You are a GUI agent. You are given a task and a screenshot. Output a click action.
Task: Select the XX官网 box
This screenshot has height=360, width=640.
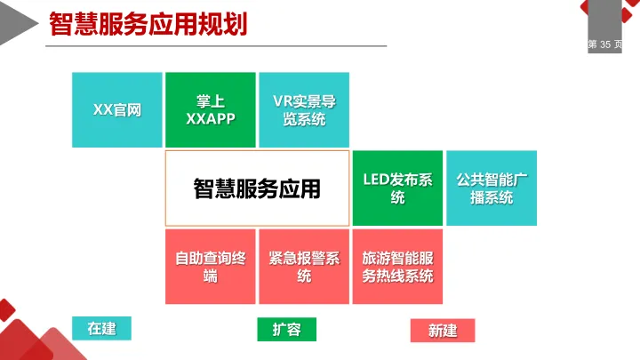(117, 109)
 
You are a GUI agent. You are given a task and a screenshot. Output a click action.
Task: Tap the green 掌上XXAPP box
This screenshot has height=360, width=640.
(211, 109)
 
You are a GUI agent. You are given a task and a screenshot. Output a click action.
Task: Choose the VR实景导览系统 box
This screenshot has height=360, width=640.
(304, 109)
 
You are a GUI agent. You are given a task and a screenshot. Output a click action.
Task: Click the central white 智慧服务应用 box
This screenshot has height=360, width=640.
(257, 188)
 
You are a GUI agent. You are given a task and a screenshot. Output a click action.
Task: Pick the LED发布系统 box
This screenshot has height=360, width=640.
(397, 188)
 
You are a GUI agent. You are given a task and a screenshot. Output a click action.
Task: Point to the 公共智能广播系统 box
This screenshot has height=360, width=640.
(492, 188)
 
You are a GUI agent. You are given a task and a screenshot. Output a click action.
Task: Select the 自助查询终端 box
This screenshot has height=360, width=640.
(211, 267)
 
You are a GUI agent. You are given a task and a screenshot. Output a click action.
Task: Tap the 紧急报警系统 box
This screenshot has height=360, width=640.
(304, 267)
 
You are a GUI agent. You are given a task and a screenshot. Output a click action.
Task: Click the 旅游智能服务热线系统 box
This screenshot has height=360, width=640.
(397, 267)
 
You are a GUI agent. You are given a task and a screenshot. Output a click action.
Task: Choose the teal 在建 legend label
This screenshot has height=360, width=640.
(101, 328)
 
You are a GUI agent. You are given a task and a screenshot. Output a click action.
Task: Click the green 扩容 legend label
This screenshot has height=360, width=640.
(286, 330)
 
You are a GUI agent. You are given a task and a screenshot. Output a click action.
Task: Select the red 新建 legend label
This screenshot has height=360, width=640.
(442, 331)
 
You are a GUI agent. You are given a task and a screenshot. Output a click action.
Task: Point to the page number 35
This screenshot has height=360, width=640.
(606, 44)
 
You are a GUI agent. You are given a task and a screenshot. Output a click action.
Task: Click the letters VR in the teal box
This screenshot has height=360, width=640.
(283, 100)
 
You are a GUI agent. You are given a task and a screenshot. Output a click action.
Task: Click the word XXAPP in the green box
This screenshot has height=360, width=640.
(211, 118)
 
